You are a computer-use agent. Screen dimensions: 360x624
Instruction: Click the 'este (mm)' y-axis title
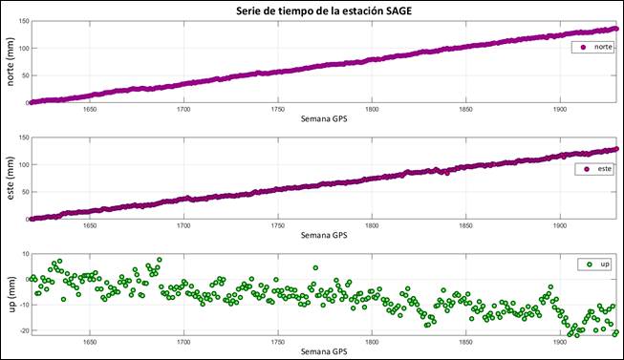(11, 180)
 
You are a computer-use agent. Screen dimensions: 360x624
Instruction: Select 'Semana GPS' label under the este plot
(323, 235)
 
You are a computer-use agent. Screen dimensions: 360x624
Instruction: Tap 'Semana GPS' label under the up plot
(323, 351)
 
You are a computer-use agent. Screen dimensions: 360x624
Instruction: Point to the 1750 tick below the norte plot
(277, 110)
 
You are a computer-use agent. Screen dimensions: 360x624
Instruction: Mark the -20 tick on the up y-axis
(19, 331)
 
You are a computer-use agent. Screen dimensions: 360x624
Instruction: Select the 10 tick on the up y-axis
(22, 255)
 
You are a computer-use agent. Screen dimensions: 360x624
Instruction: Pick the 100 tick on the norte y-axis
(20, 48)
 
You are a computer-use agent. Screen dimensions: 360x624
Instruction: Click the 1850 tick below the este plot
(465, 226)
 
